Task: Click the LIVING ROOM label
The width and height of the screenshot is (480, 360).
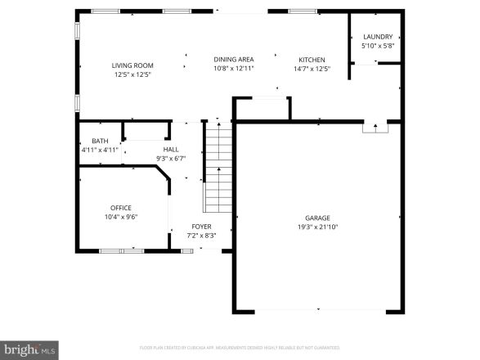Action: [132, 65]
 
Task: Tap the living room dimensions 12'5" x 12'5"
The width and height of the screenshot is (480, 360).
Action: [132, 74]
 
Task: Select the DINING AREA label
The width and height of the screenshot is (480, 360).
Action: [233, 60]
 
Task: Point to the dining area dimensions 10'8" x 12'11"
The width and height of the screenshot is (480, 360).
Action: [233, 69]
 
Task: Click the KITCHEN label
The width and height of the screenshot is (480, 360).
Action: [312, 60]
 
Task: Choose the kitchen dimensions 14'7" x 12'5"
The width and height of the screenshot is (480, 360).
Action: [312, 69]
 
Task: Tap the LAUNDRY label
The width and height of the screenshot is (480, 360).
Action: [378, 37]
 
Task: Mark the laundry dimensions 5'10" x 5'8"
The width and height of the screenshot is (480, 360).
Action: [378, 46]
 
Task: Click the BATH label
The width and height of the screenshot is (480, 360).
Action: [100, 142]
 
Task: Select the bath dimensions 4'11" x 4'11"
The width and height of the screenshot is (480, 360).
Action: [100, 151]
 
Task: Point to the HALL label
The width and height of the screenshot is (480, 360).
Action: [171, 150]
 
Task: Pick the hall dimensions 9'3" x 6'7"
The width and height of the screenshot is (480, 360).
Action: [171, 159]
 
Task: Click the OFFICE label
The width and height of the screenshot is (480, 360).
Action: [120, 208]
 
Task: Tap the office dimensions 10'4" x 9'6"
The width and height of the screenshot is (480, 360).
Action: [120, 217]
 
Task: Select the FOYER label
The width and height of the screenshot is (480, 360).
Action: [201, 227]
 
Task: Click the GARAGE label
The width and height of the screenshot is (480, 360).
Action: [318, 218]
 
